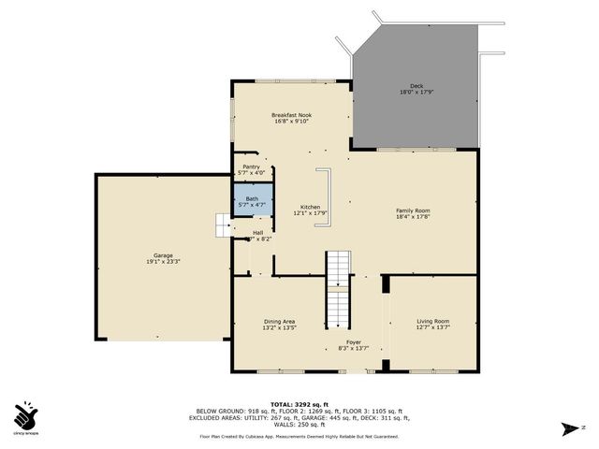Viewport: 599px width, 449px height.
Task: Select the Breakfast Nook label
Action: coord(292,114)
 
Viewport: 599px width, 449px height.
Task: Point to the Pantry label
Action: coord(252,167)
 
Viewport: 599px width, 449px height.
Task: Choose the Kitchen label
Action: coord(310,207)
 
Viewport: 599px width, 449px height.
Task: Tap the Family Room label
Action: coord(413,210)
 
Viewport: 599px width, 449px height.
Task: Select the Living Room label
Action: coord(432,322)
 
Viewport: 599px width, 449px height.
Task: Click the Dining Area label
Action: coord(279,322)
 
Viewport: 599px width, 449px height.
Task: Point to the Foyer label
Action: coord(354,342)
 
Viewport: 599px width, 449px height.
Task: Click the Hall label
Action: coord(257,233)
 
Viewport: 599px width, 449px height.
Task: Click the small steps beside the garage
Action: coord(223,225)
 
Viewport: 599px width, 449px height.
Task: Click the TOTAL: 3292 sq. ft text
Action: coord(299,403)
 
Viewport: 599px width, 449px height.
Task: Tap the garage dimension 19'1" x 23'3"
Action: coord(163,262)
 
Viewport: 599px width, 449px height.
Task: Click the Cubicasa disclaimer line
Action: coord(299,437)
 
